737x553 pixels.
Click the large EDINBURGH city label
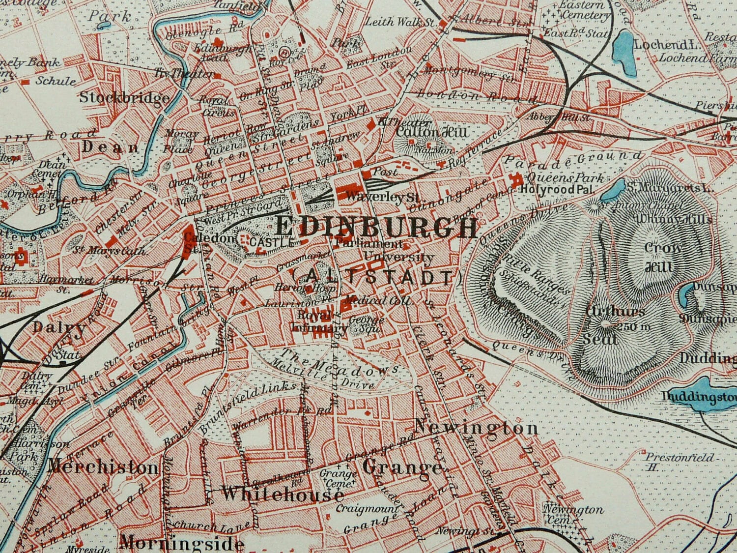click(376, 228)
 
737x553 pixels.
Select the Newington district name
click(476, 428)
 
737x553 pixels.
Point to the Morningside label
click(182, 543)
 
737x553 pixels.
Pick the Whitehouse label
click(283, 494)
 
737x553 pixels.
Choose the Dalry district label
click(59, 328)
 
